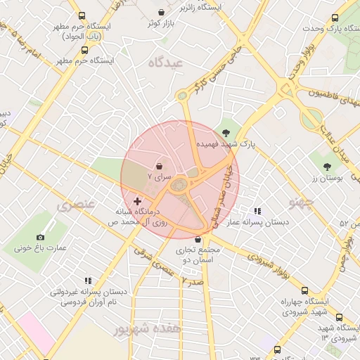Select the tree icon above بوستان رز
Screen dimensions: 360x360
click(x=327, y=166)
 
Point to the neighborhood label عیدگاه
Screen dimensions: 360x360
click(x=165, y=63)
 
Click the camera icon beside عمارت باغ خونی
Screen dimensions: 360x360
click(x=40, y=237)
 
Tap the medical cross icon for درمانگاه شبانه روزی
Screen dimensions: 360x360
click(x=137, y=201)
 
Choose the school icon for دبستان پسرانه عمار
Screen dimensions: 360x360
click(x=257, y=210)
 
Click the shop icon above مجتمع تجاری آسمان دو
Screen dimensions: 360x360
click(x=198, y=240)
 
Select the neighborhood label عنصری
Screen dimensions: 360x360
click(x=74, y=206)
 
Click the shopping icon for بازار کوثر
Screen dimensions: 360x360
click(x=162, y=12)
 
